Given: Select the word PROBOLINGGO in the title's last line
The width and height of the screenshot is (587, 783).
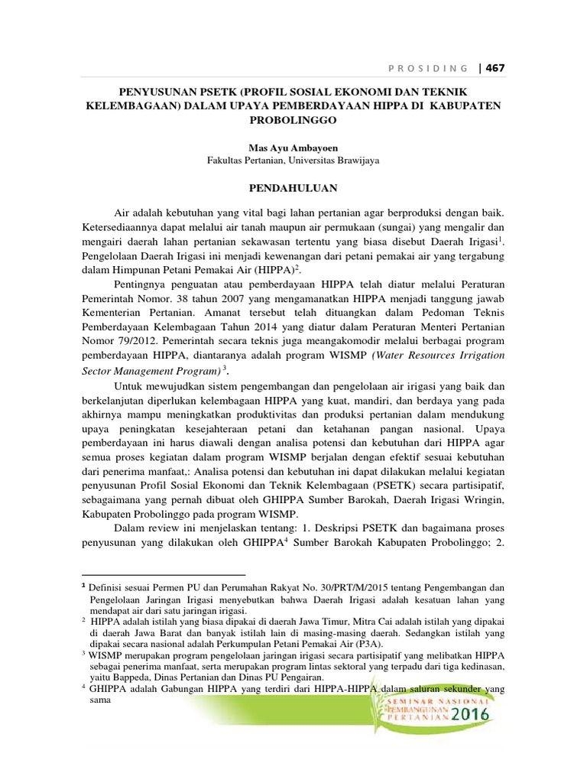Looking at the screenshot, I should [293, 120].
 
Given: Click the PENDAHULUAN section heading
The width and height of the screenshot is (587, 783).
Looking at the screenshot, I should [293, 187].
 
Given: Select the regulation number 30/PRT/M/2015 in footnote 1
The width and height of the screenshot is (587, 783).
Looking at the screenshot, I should [324, 588].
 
